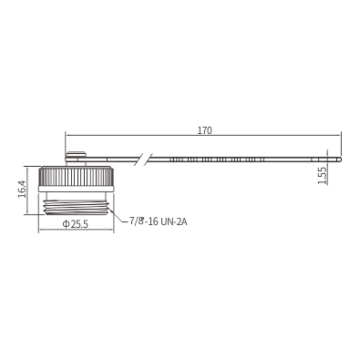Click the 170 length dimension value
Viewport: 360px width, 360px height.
point(205,130)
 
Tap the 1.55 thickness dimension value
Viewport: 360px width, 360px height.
point(322,176)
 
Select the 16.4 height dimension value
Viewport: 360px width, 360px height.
point(22,190)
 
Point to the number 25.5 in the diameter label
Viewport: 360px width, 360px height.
point(79,224)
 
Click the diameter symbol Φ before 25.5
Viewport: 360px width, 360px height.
point(66,224)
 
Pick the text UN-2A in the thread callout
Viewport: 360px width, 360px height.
point(174,222)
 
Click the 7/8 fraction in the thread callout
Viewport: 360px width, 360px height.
point(136,221)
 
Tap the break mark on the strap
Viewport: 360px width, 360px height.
point(143,159)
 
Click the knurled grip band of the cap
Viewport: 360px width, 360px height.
point(76,177)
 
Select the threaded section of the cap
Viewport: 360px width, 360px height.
point(77,208)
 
